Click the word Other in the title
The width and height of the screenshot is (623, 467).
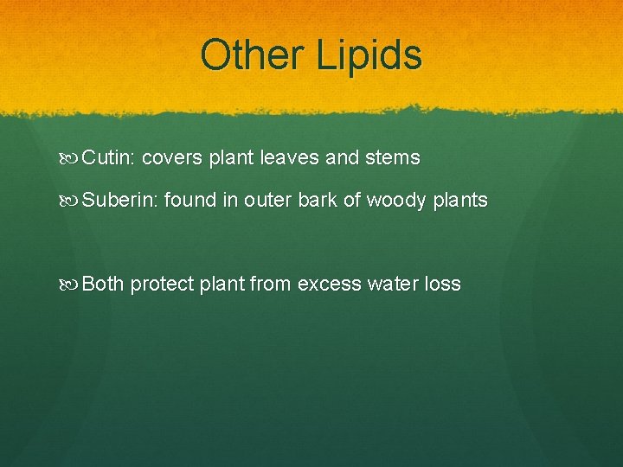[x=251, y=54]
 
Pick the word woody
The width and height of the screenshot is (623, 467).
[x=400, y=202]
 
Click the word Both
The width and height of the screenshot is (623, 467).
[x=104, y=284]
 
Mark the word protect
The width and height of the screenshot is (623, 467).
[x=163, y=285]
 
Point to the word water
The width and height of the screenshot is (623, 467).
[x=395, y=284]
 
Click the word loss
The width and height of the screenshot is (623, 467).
[x=444, y=284]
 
